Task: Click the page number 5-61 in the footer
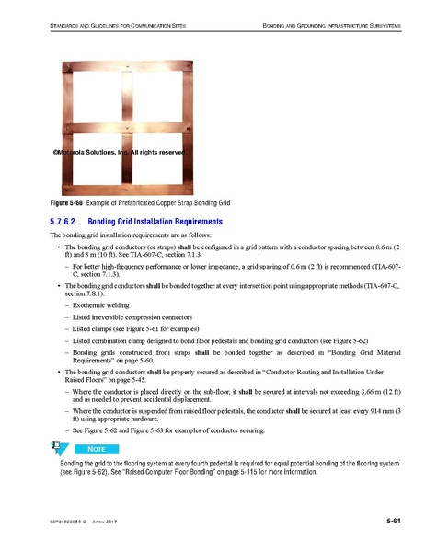click(x=395, y=522)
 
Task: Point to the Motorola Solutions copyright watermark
click(x=120, y=152)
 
